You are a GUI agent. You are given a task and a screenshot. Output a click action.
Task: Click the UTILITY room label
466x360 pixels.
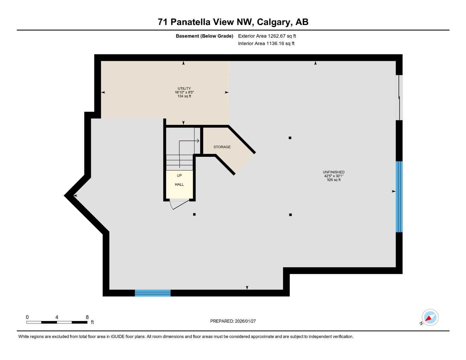coord(184,89)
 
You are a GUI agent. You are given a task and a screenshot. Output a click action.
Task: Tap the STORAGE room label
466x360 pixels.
coord(222,147)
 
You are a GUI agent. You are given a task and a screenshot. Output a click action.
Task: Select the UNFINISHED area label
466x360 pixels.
coord(333,172)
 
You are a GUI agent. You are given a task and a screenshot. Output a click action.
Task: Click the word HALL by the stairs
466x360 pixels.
coord(179,185)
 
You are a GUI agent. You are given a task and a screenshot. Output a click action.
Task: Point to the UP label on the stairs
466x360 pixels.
coord(179,175)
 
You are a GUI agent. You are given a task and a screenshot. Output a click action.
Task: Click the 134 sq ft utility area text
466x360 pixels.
coord(184,96)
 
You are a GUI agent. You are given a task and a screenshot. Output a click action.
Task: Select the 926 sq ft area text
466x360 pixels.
coord(334,180)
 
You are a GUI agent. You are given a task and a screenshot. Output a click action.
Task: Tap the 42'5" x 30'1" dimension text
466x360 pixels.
coord(333,176)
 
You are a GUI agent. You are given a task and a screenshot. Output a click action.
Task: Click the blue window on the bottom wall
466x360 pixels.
coord(153,293)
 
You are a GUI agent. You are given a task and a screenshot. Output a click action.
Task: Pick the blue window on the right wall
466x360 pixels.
coord(399,197)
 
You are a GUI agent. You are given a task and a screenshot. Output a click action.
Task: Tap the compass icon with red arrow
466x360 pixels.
coord(430,318)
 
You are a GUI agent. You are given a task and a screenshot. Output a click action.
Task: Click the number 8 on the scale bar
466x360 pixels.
coord(87,317)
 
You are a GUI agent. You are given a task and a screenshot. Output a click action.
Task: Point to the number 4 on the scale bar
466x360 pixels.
coord(57,317)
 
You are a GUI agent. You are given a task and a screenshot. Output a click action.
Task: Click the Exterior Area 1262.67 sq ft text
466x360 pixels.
coord(267,36)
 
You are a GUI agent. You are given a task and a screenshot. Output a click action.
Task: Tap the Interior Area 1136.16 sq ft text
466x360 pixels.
coord(266,44)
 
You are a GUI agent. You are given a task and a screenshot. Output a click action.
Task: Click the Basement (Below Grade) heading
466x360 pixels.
coord(204,36)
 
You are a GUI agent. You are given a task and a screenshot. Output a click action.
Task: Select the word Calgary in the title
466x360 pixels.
coord(274,22)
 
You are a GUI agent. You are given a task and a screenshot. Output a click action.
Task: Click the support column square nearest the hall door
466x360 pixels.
coord(194,214)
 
